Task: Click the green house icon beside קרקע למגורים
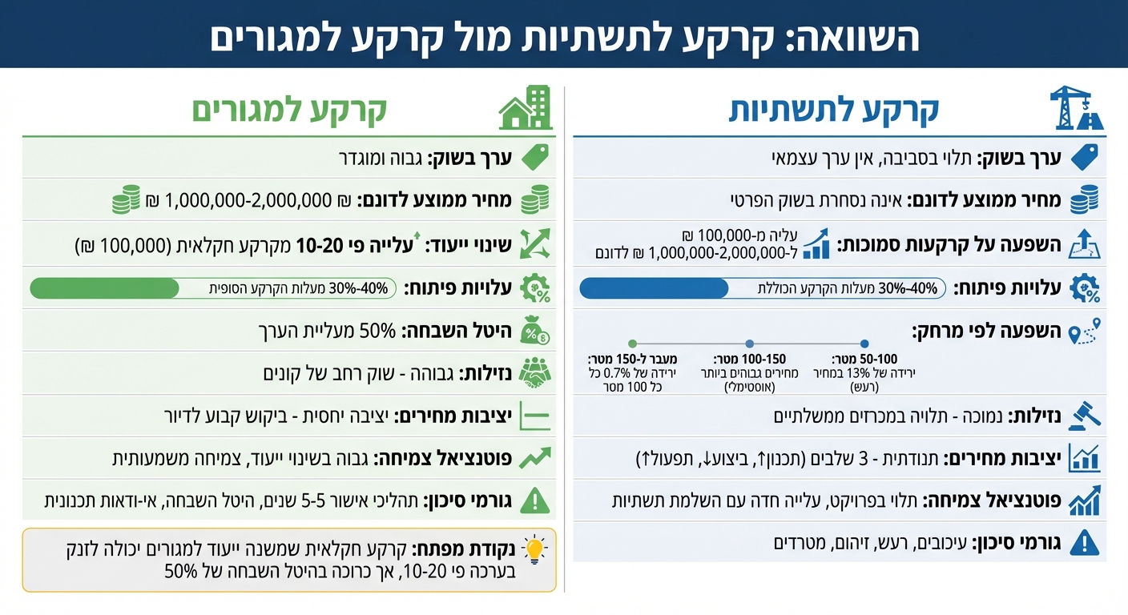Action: tap(526, 109)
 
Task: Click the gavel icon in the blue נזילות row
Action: tap(1084, 415)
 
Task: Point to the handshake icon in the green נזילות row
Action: tap(534, 372)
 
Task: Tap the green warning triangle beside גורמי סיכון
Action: tap(534, 500)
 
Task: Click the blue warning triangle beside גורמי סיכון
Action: tap(1085, 542)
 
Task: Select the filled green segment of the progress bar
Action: tap(104, 288)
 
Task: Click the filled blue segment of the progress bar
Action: tap(654, 288)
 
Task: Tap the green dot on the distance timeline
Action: tap(632, 343)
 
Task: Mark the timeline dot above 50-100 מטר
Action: tap(864, 343)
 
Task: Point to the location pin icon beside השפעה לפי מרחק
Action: tap(1086, 331)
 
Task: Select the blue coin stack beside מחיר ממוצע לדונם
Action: tap(1085, 199)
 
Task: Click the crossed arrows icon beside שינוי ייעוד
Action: tap(534, 243)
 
